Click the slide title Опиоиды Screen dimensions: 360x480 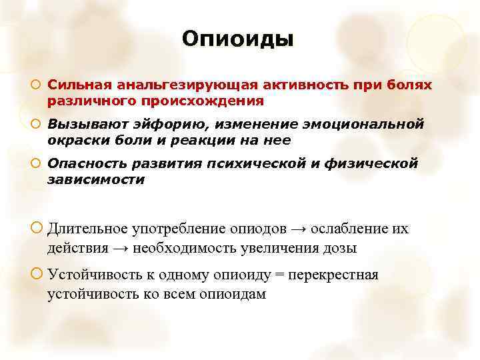pos(237,39)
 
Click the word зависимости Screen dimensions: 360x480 pos(95,180)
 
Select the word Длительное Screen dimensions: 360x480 pos(88,229)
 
